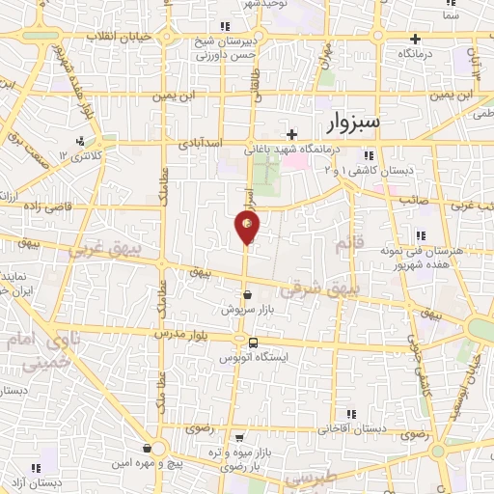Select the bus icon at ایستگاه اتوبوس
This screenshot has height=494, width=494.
pos(253,343)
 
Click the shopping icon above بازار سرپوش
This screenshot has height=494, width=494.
pos(248,295)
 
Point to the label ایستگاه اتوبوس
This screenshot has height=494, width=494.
pos(253,357)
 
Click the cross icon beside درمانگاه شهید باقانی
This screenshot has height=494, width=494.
pos(292,135)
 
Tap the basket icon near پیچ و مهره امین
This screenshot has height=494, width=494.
pos(147,448)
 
